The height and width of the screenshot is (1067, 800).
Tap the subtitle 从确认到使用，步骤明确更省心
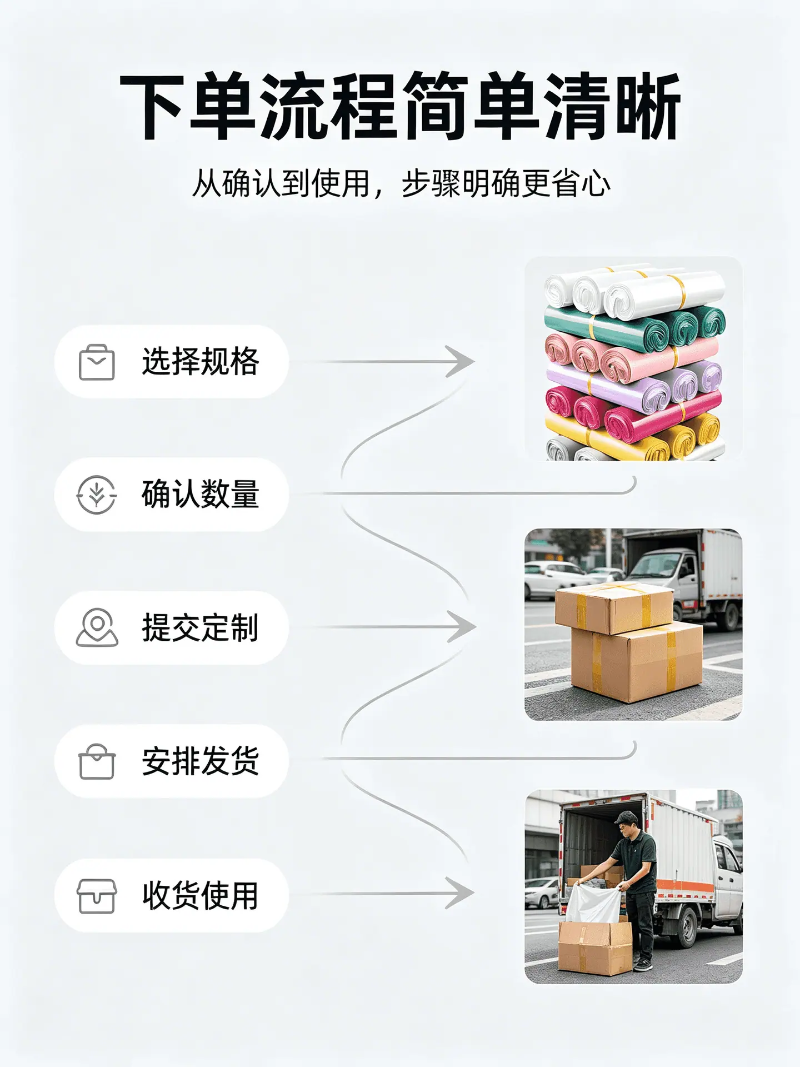pos(401,183)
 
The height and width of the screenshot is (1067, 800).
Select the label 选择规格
pos(201,362)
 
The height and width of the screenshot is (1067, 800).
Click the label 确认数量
pos(201,494)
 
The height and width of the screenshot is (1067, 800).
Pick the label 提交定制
pos(201,627)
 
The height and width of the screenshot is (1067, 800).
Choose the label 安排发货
pos(201,761)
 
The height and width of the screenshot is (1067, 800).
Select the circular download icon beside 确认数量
pos(97,494)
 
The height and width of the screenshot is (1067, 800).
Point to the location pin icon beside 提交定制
pos(97,627)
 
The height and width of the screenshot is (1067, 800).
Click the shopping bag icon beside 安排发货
pos(97,761)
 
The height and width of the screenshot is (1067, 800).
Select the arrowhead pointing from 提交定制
pos(462,627)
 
